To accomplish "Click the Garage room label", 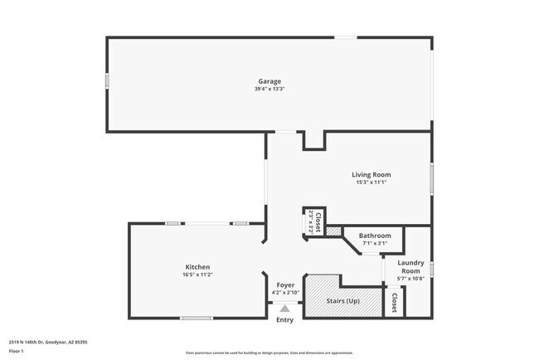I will [x=269, y=81].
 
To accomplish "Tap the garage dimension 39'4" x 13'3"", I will [x=269, y=90].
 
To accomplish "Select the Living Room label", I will [x=371, y=174].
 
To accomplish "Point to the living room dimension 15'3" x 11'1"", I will [x=371, y=182].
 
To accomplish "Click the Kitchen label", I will [x=197, y=267].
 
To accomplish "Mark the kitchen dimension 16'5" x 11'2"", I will [x=197, y=275].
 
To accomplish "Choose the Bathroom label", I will [x=375, y=236].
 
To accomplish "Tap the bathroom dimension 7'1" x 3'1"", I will [x=375, y=244].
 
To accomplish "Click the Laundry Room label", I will [x=410, y=267].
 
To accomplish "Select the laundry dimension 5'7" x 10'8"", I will [x=410, y=280].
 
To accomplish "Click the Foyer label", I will [x=285, y=285].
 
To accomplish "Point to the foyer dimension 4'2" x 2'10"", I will [x=285, y=293].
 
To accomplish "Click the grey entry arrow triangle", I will [x=284, y=309].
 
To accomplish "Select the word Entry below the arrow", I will [x=284, y=320].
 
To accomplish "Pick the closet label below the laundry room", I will [x=394, y=302].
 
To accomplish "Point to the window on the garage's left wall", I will [x=106, y=81].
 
